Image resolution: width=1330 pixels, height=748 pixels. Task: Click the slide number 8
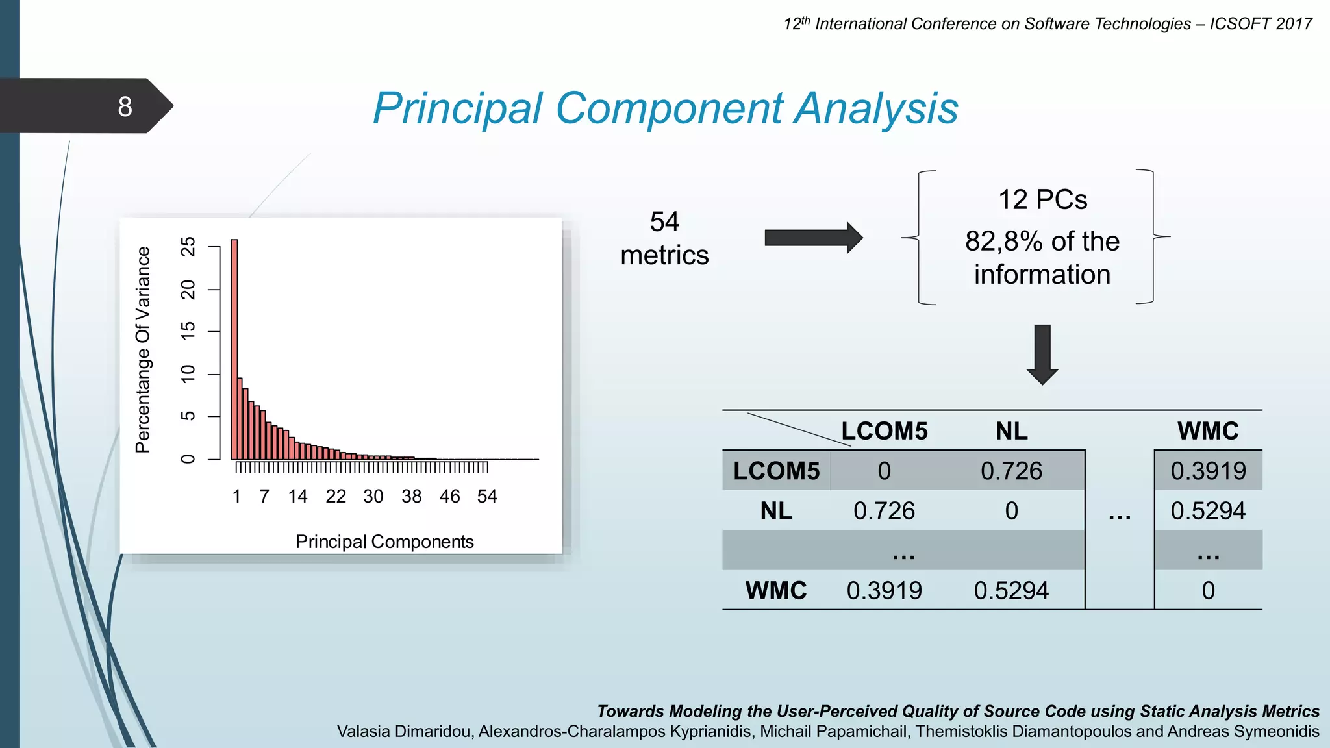125,106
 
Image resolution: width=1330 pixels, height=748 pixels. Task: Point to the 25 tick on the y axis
188,247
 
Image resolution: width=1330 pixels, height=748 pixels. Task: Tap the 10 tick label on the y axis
188,374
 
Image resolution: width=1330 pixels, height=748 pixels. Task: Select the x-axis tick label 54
487,497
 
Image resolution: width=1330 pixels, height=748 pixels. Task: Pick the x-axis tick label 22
336,497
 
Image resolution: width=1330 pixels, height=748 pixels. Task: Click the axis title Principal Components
384,542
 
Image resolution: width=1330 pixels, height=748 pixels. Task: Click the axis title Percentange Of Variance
142,349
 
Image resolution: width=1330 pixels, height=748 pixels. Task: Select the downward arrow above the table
1042,355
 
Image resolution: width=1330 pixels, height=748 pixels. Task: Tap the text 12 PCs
1042,199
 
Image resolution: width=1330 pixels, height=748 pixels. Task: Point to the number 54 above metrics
664,222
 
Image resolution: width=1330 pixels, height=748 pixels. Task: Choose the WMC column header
1208,431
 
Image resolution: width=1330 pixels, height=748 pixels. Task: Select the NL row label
776,511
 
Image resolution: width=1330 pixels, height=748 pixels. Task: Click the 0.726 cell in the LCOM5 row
1011,471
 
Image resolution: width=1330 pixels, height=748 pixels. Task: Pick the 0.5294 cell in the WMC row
1011,591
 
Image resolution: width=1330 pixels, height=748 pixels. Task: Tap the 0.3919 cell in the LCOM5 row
1208,471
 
